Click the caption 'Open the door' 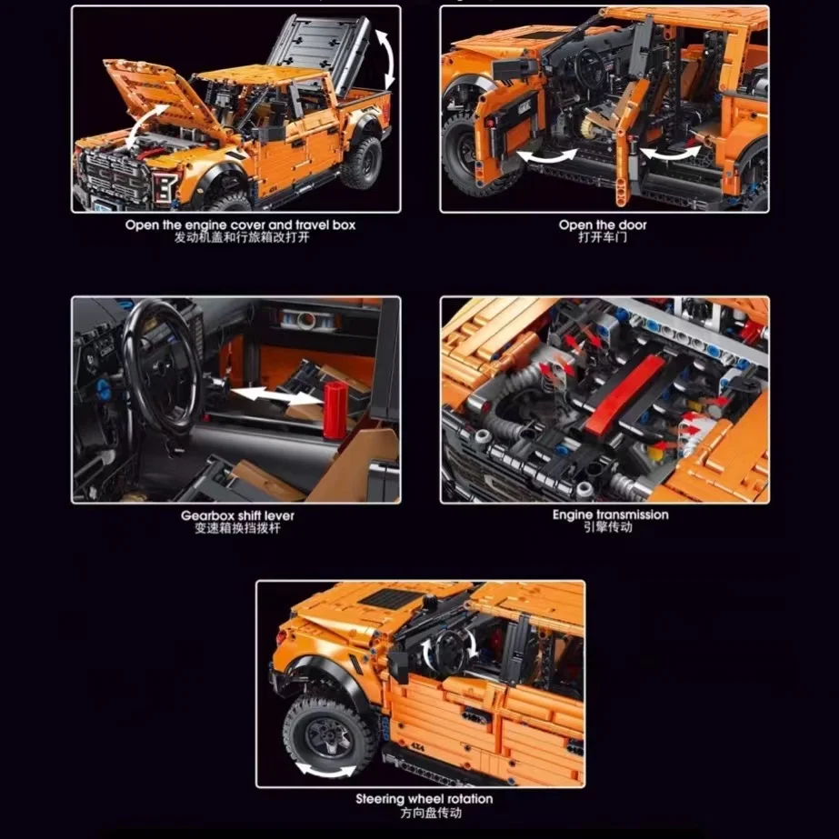click(x=603, y=225)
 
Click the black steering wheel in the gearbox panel click(x=161, y=366)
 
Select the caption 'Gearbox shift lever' click(x=237, y=515)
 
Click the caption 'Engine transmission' click(x=611, y=514)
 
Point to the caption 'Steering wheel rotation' click(x=424, y=799)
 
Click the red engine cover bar click(x=625, y=395)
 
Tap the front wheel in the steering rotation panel click(x=329, y=734)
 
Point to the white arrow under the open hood click(x=145, y=125)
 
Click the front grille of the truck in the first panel click(x=115, y=175)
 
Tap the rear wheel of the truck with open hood click(x=362, y=164)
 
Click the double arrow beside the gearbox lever click(x=276, y=396)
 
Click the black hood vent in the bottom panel click(x=389, y=599)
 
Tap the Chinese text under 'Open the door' click(x=603, y=237)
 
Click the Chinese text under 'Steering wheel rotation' click(x=431, y=813)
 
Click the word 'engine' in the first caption click(x=206, y=225)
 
